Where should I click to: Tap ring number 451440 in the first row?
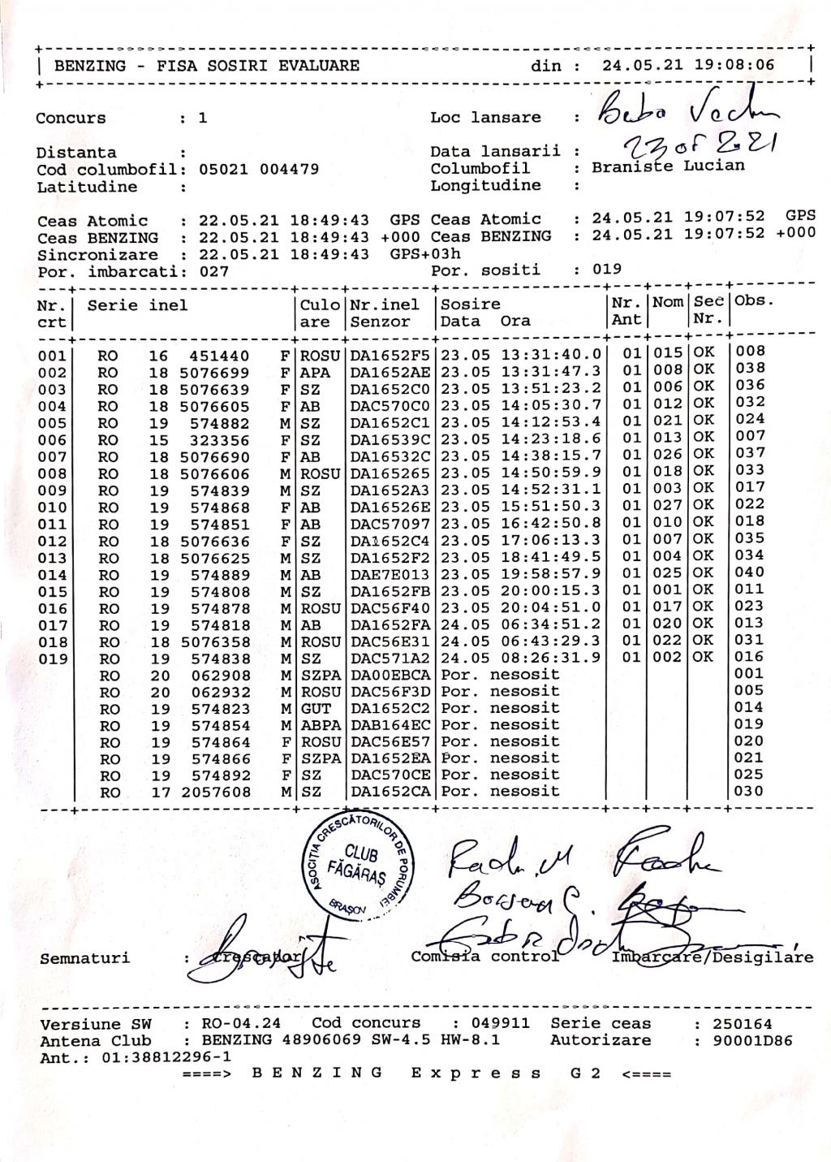pos(220,355)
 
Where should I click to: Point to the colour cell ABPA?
pos(320,725)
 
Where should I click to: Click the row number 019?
pos(53,659)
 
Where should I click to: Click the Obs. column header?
pos(754,301)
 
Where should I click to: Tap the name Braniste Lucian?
pos(668,166)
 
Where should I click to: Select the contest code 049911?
pos(502,1024)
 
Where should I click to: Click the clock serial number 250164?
pos(742,1024)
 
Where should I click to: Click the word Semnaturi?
pos(84,958)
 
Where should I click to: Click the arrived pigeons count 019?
pos(607,270)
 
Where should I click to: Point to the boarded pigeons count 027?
pos(214,272)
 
